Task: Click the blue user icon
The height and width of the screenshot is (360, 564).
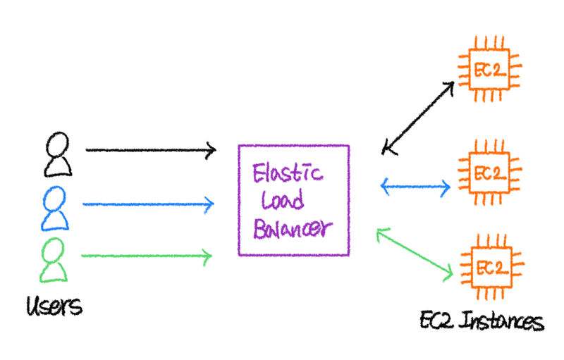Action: tap(55, 209)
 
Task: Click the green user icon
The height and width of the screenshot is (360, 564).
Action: tap(55, 259)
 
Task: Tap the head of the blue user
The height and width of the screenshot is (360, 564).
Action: tap(55, 195)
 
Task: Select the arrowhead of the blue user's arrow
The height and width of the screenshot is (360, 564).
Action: tap(209, 204)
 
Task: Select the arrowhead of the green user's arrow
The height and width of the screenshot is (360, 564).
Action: tap(207, 255)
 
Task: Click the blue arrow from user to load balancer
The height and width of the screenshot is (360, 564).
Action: tap(148, 204)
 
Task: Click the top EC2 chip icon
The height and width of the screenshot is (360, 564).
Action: tap(489, 69)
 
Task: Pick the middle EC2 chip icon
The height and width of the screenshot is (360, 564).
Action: tap(489, 171)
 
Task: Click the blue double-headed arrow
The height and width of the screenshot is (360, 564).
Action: tap(416, 187)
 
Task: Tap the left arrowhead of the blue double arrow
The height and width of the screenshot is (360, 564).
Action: tap(385, 187)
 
